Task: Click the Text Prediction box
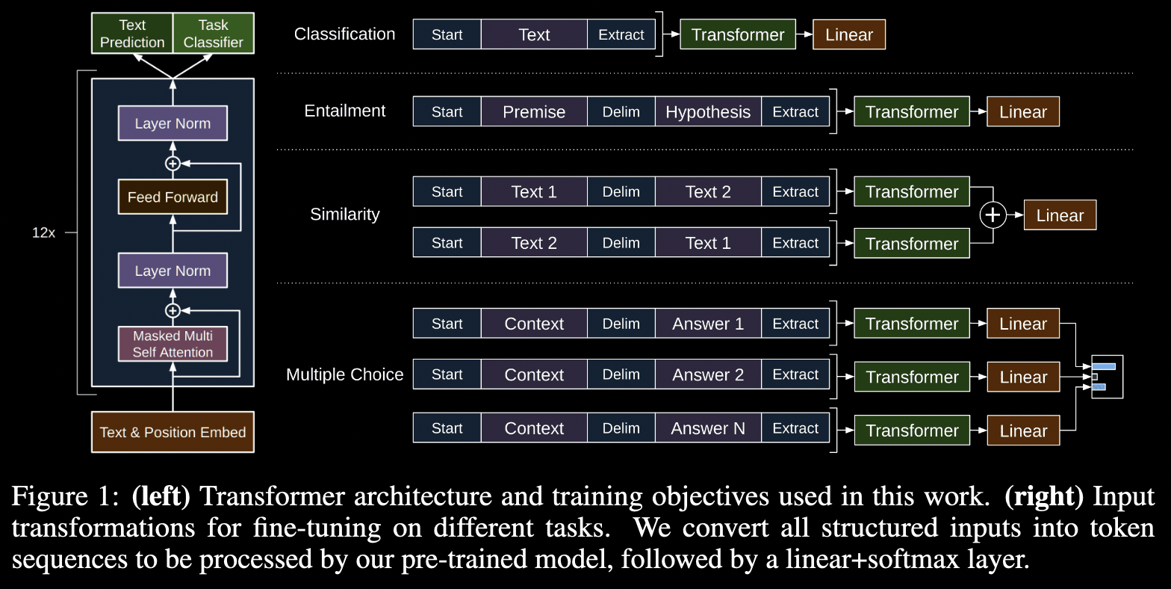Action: click(x=132, y=34)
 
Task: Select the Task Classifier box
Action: click(x=214, y=34)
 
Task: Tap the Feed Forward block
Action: click(x=173, y=197)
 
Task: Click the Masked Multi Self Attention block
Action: click(x=173, y=344)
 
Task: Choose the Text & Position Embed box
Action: click(x=173, y=432)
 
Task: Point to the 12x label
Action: click(x=43, y=232)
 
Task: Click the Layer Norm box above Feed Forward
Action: click(x=173, y=123)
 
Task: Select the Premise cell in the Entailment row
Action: click(x=534, y=111)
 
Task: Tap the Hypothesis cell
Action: click(x=708, y=111)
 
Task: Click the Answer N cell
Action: click(x=708, y=428)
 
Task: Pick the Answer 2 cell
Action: click(x=708, y=374)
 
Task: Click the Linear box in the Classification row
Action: click(x=849, y=34)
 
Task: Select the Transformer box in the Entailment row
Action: click(x=912, y=111)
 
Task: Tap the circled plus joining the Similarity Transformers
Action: click(x=993, y=215)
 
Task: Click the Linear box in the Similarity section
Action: click(x=1060, y=215)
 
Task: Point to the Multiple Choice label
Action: click(x=345, y=374)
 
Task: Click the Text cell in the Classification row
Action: click(x=534, y=34)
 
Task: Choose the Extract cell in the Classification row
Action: click(x=621, y=34)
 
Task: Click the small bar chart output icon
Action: click(x=1107, y=377)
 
